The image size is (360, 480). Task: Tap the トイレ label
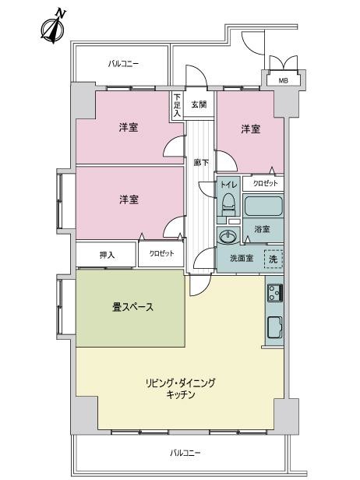pos(229,185)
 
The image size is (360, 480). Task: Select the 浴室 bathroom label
pos(262,229)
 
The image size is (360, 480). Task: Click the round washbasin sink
pos(228,236)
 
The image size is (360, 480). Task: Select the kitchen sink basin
pos(274,327)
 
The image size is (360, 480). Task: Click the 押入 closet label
pos(107,255)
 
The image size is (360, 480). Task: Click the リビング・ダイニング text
pos(180,383)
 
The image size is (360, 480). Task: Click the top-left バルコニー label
pos(123,64)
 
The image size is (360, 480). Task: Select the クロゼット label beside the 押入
pos(161,253)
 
